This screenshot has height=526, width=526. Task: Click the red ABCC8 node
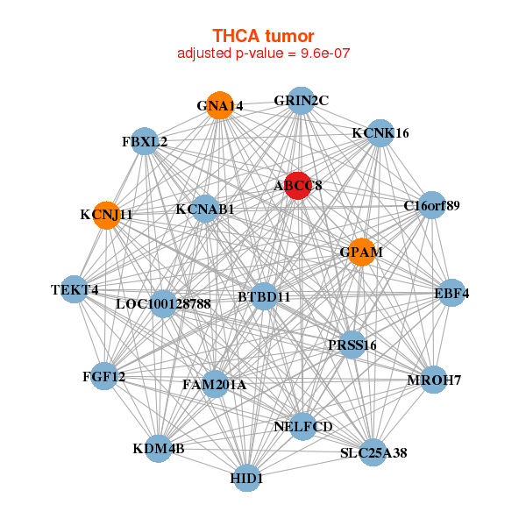click(x=298, y=185)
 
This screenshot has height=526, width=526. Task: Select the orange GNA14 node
click(x=219, y=106)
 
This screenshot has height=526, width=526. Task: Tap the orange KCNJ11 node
click(x=106, y=215)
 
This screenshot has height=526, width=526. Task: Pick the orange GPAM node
click(x=361, y=252)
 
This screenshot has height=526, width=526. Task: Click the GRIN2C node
click(x=301, y=100)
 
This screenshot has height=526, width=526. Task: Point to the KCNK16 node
click(x=380, y=133)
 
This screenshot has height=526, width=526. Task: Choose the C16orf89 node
click(x=431, y=206)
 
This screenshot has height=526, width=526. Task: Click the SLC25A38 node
click(x=373, y=452)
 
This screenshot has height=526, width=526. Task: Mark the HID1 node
click(x=247, y=478)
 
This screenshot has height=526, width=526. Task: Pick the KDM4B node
click(x=159, y=449)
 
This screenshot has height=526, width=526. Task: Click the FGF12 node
click(x=104, y=376)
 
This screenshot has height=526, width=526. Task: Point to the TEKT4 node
click(x=75, y=289)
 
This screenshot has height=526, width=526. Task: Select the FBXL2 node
click(x=145, y=141)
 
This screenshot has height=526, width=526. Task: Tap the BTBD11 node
click(x=264, y=297)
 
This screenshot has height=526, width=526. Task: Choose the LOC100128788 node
click(x=164, y=304)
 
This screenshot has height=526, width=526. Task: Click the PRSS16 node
click(x=352, y=345)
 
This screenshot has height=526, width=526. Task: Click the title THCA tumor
click(x=263, y=36)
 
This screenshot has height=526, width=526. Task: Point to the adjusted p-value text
click(x=263, y=53)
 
